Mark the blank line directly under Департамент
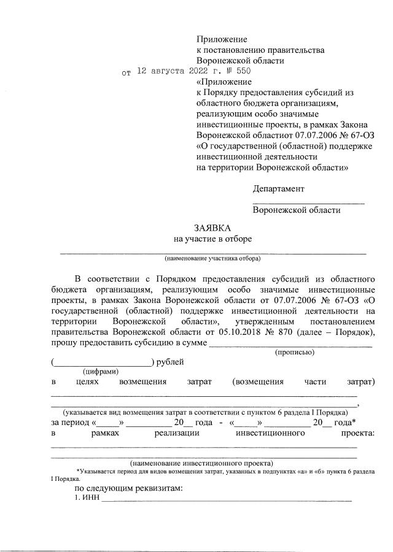tap(308, 202)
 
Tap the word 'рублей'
tap(170, 362)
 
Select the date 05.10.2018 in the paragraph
tap(241, 332)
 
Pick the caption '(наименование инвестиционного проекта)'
tap(202, 463)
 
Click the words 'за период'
tap(69, 423)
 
